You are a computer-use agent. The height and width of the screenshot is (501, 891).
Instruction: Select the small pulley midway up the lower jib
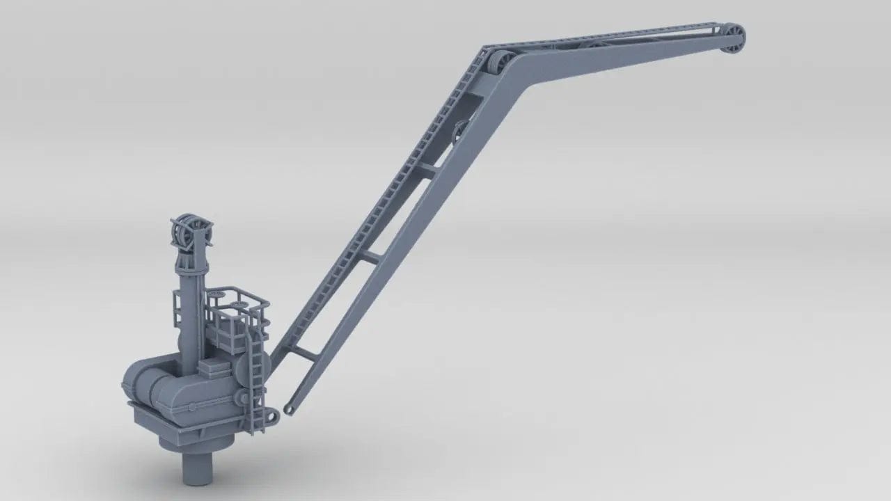[461, 132]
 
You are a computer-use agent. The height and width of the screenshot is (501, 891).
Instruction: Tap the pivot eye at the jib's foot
[290, 408]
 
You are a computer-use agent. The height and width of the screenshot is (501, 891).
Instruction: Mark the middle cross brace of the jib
[369, 257]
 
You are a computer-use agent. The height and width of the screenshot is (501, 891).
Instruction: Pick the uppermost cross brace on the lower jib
[426, 168]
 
